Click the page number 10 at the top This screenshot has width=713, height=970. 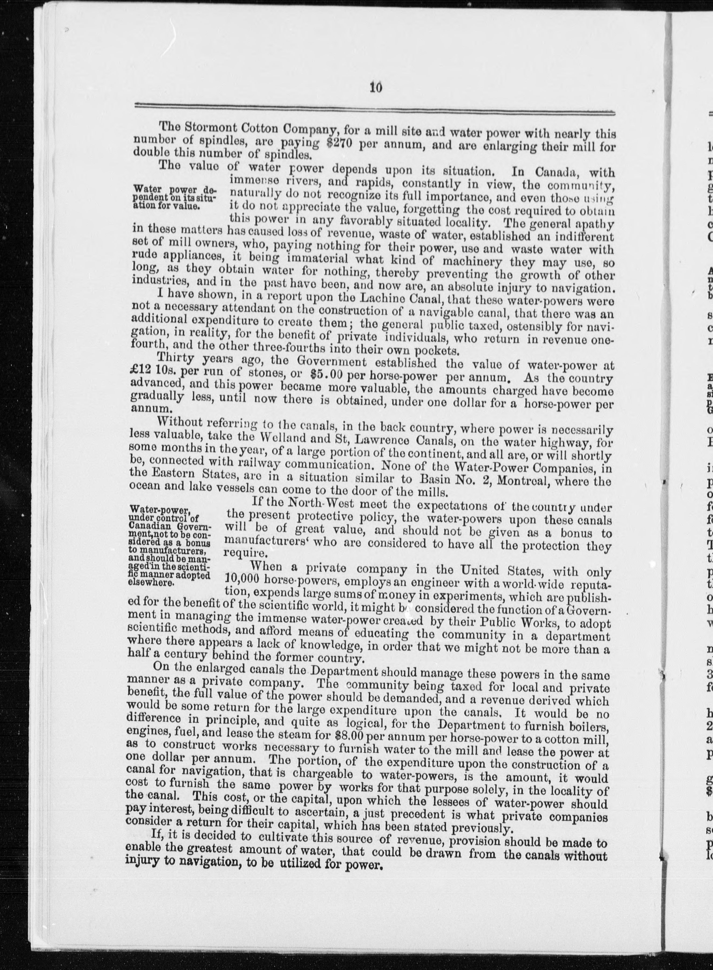coord(376,88)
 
